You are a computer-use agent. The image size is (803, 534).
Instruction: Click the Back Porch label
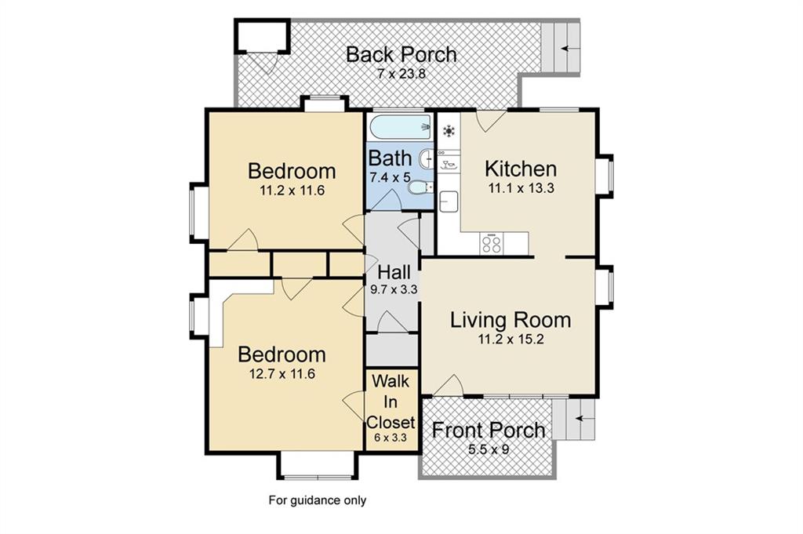pos(401,54)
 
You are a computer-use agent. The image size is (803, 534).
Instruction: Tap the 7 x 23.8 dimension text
pos(401,74)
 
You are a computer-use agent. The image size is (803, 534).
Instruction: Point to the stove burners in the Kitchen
pos(492,243)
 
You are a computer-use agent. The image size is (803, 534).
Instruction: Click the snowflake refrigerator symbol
pos(449,132)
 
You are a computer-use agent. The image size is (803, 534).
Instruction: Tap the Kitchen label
pos(521,169)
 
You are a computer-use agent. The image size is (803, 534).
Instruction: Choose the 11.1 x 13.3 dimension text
pos(521,188)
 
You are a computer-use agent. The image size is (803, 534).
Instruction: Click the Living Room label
pos(510,320)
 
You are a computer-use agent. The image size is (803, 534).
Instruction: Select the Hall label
pos(394,272)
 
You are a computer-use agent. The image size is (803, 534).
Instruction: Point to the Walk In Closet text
pos(391,402)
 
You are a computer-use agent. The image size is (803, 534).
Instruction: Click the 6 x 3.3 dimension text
pos(391,438)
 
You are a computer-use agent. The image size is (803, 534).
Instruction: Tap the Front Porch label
pos(488,430)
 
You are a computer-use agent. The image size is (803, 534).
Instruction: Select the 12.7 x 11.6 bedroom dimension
pos(282,374)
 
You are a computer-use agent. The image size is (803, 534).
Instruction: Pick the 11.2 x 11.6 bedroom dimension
pos(292,191)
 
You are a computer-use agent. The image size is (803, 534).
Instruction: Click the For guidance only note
pos(318,500)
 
